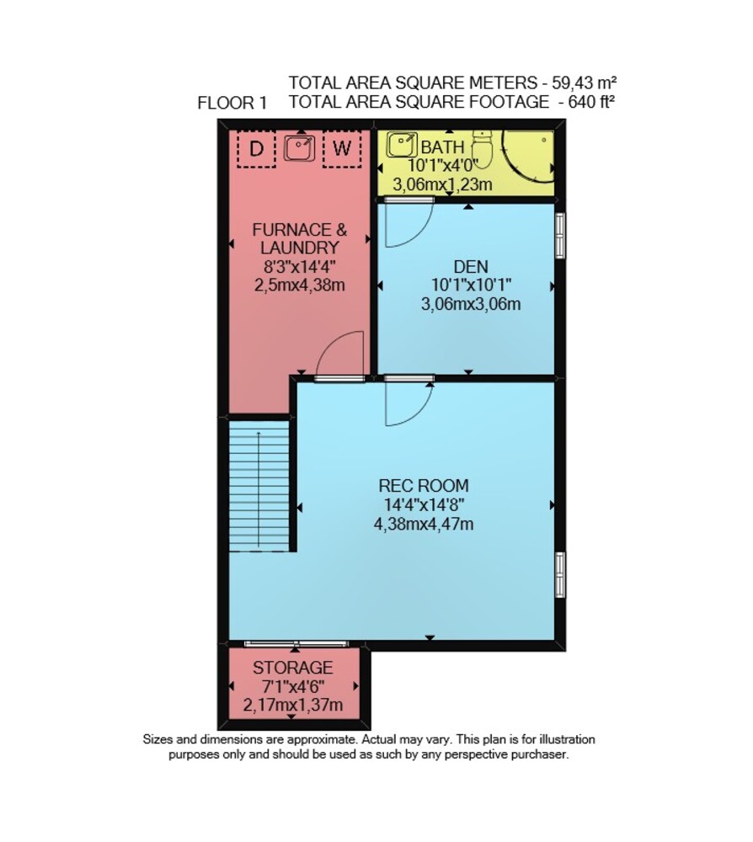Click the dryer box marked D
tap(256, 148)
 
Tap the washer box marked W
tap(342, 148)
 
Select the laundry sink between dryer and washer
tap(299, 147)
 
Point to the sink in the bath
tap(402, 145)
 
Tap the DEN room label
tap(471, 267)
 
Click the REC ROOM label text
tap(424, 486)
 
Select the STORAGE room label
tap(293, 668)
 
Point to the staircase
tap(259, 486)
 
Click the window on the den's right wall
tap(559, 235)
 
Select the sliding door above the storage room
tap(296, 643)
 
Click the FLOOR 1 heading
tap(232, 103)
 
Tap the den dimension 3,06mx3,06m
tap(471, 305)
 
